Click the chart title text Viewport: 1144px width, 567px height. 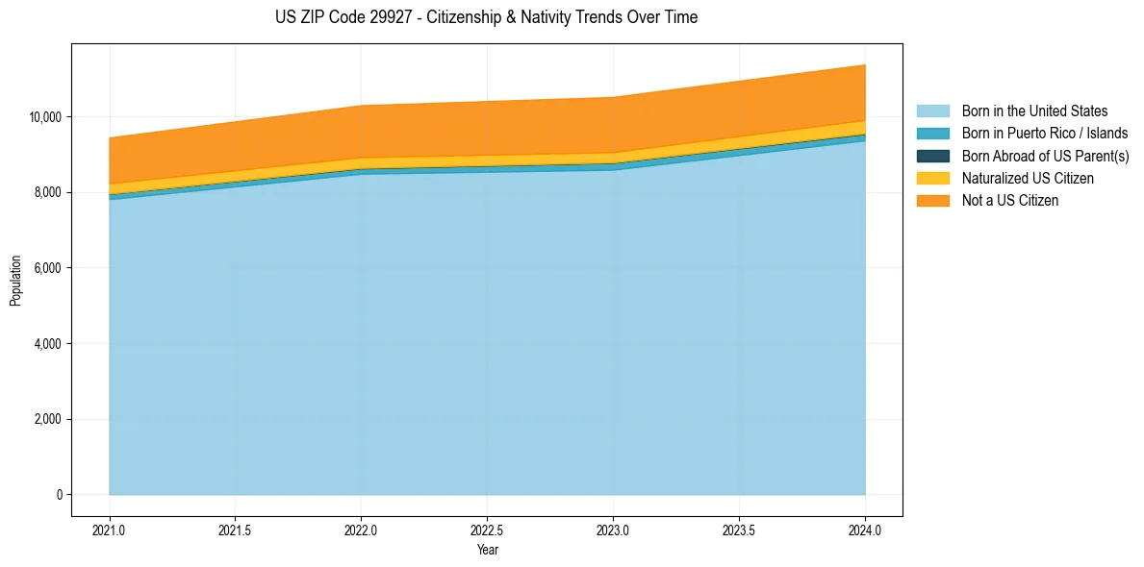486,17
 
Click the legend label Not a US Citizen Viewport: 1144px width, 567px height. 1009,201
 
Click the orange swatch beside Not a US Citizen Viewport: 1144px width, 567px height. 932,201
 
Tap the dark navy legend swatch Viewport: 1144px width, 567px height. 932,156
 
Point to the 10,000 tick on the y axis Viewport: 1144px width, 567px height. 45,117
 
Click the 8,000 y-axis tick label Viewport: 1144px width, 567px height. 48,192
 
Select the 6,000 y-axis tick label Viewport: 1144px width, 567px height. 48,268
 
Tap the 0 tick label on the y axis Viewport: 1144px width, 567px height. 59,495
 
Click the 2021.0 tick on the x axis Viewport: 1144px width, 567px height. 110,530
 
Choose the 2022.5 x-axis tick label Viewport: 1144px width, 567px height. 487,530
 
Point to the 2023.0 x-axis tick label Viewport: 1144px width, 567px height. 613,530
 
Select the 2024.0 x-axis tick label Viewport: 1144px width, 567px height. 865,530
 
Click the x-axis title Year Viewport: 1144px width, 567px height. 487,550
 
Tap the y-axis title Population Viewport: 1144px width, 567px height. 15,281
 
